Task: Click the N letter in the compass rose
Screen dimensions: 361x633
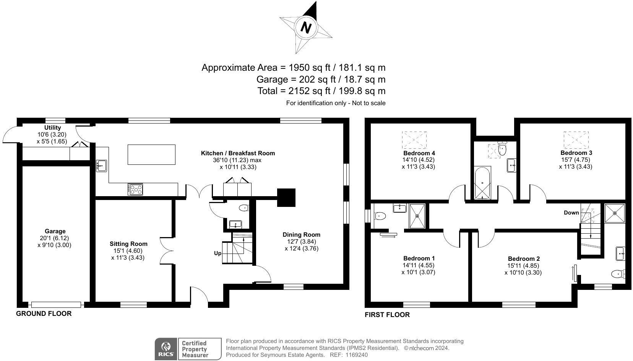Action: pos(306,28)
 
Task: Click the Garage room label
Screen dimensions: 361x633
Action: pos(55,231)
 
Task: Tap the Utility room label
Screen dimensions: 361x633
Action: pos(52,127)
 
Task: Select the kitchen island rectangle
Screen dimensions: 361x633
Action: pos(151,154)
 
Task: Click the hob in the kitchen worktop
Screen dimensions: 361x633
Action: pos(136,189)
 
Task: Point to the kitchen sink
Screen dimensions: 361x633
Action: pos(101,166)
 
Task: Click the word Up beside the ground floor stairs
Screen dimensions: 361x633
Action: pos(217,253)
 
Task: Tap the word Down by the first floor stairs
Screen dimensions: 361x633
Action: pos(571,213)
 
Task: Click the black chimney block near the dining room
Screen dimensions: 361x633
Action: pos(286,197)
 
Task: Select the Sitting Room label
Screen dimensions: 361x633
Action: pos(128,244)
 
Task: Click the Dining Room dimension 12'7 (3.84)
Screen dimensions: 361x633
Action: pos(301,241)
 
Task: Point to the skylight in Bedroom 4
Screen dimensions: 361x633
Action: pos(414,140)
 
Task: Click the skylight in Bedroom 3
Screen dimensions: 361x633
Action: pos(576,140)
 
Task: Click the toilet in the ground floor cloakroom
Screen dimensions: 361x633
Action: pos(243,208)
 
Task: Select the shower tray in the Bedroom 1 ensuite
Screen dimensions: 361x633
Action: pos(417,216)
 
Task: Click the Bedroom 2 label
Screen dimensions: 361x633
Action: pos(523,259)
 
